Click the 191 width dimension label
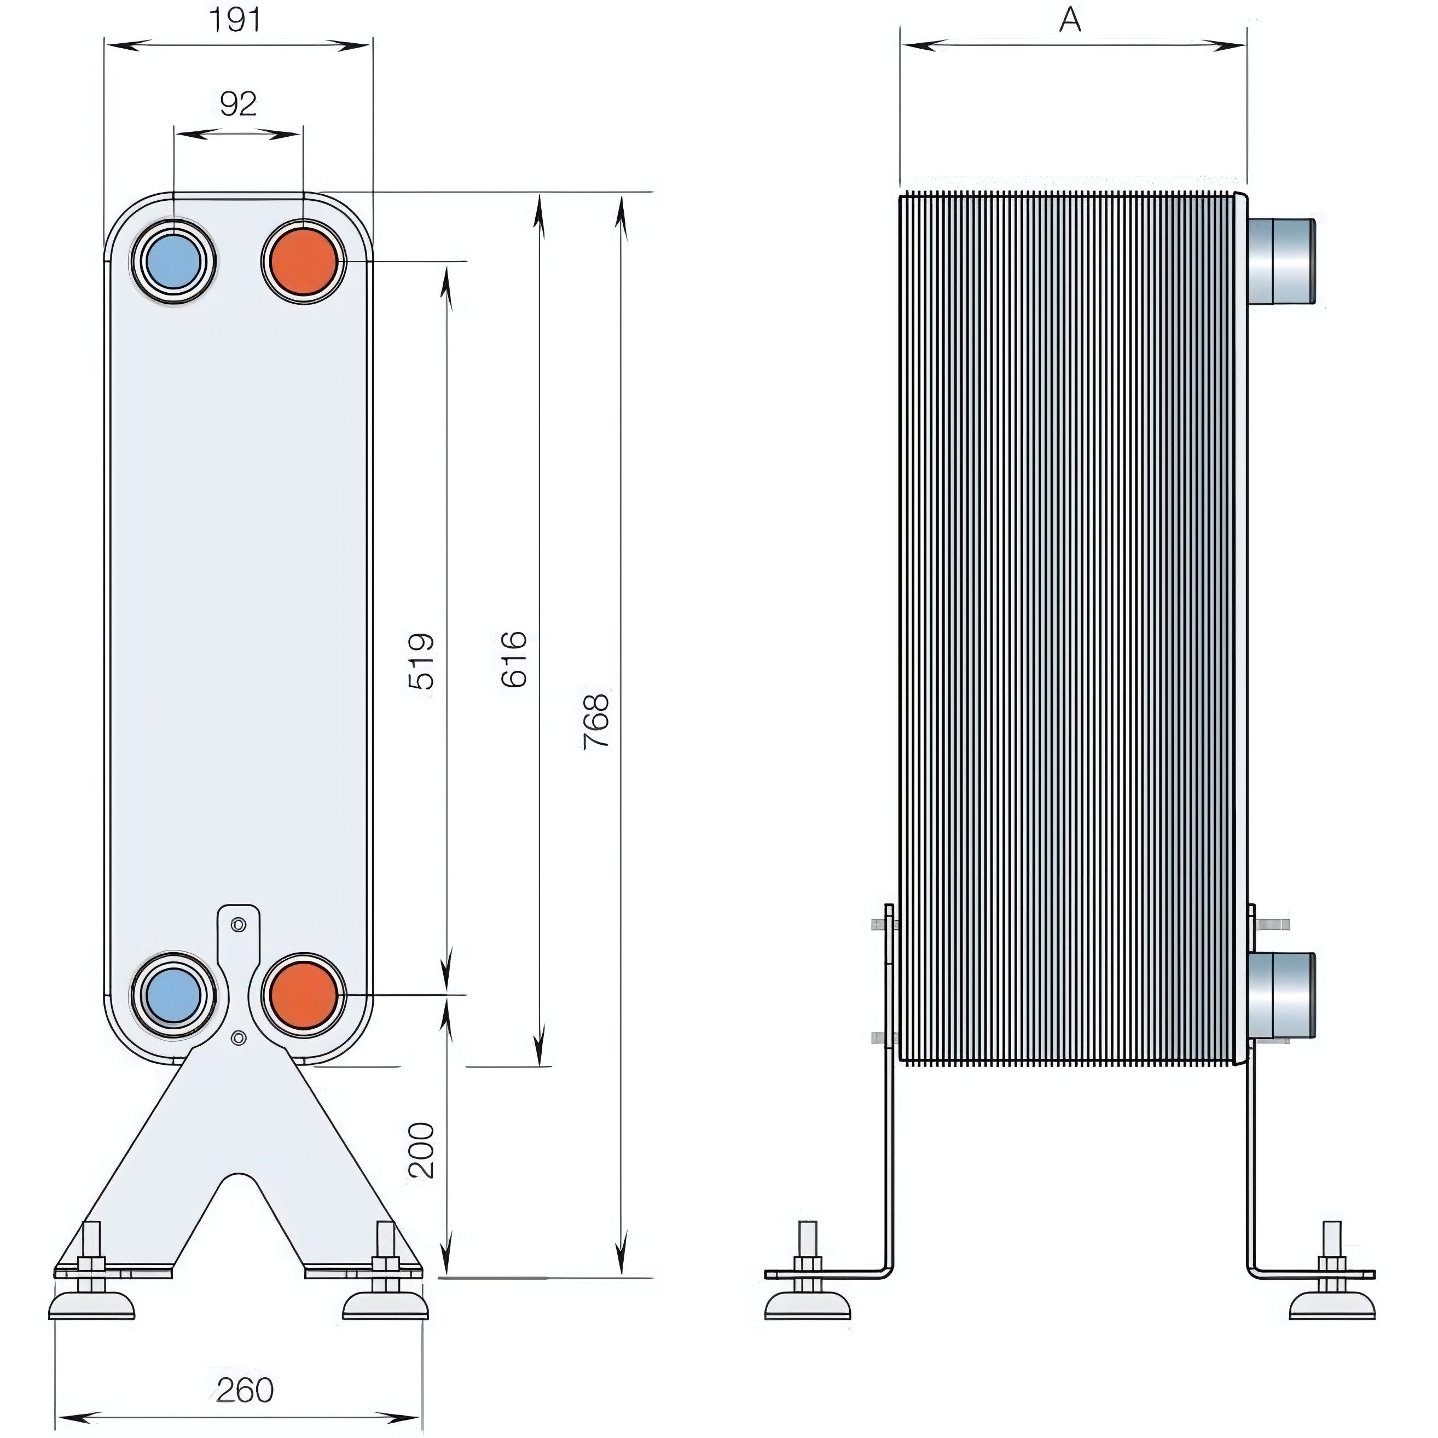(235, 20)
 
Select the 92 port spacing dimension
(238, 104)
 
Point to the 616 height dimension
(514, 659)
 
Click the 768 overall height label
(597, 721)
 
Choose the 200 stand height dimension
(422, 1150)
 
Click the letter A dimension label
(1070, 20)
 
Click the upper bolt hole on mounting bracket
(238, 925)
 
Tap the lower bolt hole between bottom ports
(238, 1037)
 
